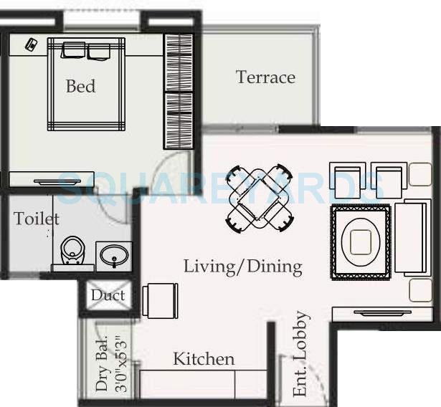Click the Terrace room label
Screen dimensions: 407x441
(265, 77)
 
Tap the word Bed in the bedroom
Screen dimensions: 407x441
(80, 87)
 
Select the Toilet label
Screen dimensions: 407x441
(36, 218)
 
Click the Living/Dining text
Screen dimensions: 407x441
(242, 267)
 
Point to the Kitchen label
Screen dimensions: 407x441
(204, 358)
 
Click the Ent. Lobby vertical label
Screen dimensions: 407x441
(302, 354)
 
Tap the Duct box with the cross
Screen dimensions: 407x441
(108, 295)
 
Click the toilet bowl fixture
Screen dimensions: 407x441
(72, 251)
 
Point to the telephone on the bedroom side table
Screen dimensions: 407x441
(32, 44)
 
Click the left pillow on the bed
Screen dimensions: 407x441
(73, 51)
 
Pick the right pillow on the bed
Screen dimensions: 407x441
(99, 51)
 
